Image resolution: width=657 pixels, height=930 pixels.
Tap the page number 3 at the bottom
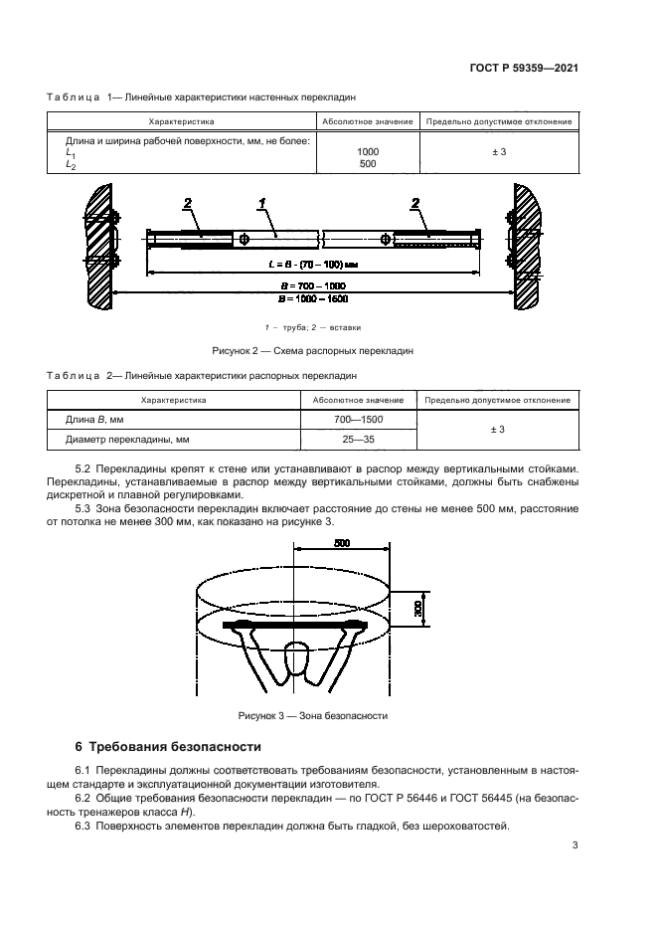tap(575, 845)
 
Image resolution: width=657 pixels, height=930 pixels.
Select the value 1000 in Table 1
tap(367, 152)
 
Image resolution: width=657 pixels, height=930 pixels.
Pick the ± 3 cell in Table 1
tap(499, 152)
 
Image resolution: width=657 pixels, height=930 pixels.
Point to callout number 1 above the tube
tap(262, 203)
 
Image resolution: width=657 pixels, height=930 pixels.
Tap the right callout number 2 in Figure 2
tap(414, 203)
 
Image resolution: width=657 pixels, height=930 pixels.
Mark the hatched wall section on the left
tap(97, 246)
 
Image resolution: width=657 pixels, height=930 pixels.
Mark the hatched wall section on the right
tap(526, 246)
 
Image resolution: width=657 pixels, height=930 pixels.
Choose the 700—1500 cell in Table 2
tap(357, 420)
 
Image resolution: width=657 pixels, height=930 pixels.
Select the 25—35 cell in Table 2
tap(357, 438)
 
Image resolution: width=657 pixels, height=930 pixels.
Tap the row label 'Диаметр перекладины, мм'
tap(127, 438)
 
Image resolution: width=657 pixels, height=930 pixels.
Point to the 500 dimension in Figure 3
tap(342, 545)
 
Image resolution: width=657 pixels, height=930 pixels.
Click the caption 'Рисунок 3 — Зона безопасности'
tap(313, 715)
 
